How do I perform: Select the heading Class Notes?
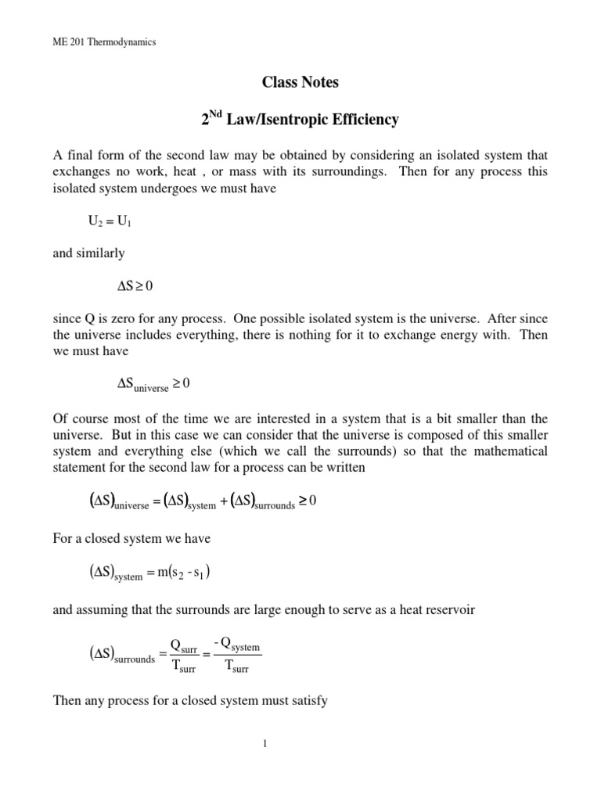300,81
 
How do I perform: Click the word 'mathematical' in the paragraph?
509,451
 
